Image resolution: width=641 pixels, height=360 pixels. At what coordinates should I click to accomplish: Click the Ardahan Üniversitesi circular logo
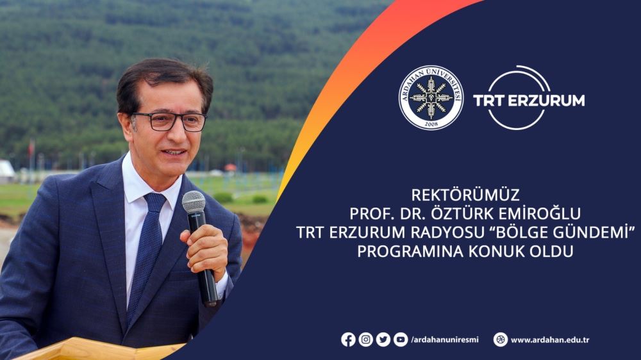431,98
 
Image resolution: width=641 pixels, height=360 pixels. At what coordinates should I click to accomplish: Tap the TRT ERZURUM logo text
528,101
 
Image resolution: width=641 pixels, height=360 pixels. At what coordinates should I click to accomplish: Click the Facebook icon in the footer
348,340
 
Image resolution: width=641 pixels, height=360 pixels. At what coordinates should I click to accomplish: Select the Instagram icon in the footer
365,340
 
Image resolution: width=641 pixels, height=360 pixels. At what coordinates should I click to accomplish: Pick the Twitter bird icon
383,340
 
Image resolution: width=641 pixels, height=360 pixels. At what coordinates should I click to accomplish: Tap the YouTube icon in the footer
400,340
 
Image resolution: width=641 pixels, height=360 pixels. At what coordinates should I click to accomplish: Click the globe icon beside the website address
501,340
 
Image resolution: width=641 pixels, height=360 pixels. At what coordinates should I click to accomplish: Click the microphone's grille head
194,202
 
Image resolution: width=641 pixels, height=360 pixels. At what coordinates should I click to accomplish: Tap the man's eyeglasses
170,120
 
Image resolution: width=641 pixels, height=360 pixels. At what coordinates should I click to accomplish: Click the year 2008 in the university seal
431,122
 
